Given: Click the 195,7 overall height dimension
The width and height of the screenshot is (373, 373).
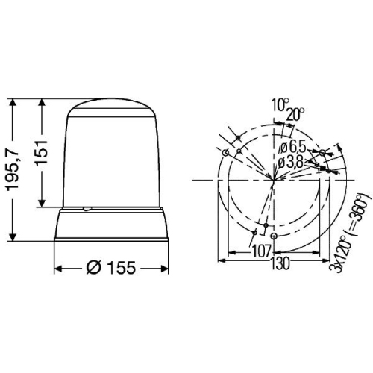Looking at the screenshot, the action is (13, 170).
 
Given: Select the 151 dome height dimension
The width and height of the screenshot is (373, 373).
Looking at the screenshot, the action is (41, 153).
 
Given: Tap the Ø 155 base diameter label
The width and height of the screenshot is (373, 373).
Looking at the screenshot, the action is (111, 268).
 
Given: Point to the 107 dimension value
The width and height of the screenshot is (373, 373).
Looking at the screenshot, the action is (261, 251).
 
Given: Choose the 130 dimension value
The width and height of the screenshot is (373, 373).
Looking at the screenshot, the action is (280, 263).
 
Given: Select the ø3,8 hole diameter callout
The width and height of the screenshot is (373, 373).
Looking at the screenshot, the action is (290, 163).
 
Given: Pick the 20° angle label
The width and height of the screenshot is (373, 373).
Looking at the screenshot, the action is (295, 114).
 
